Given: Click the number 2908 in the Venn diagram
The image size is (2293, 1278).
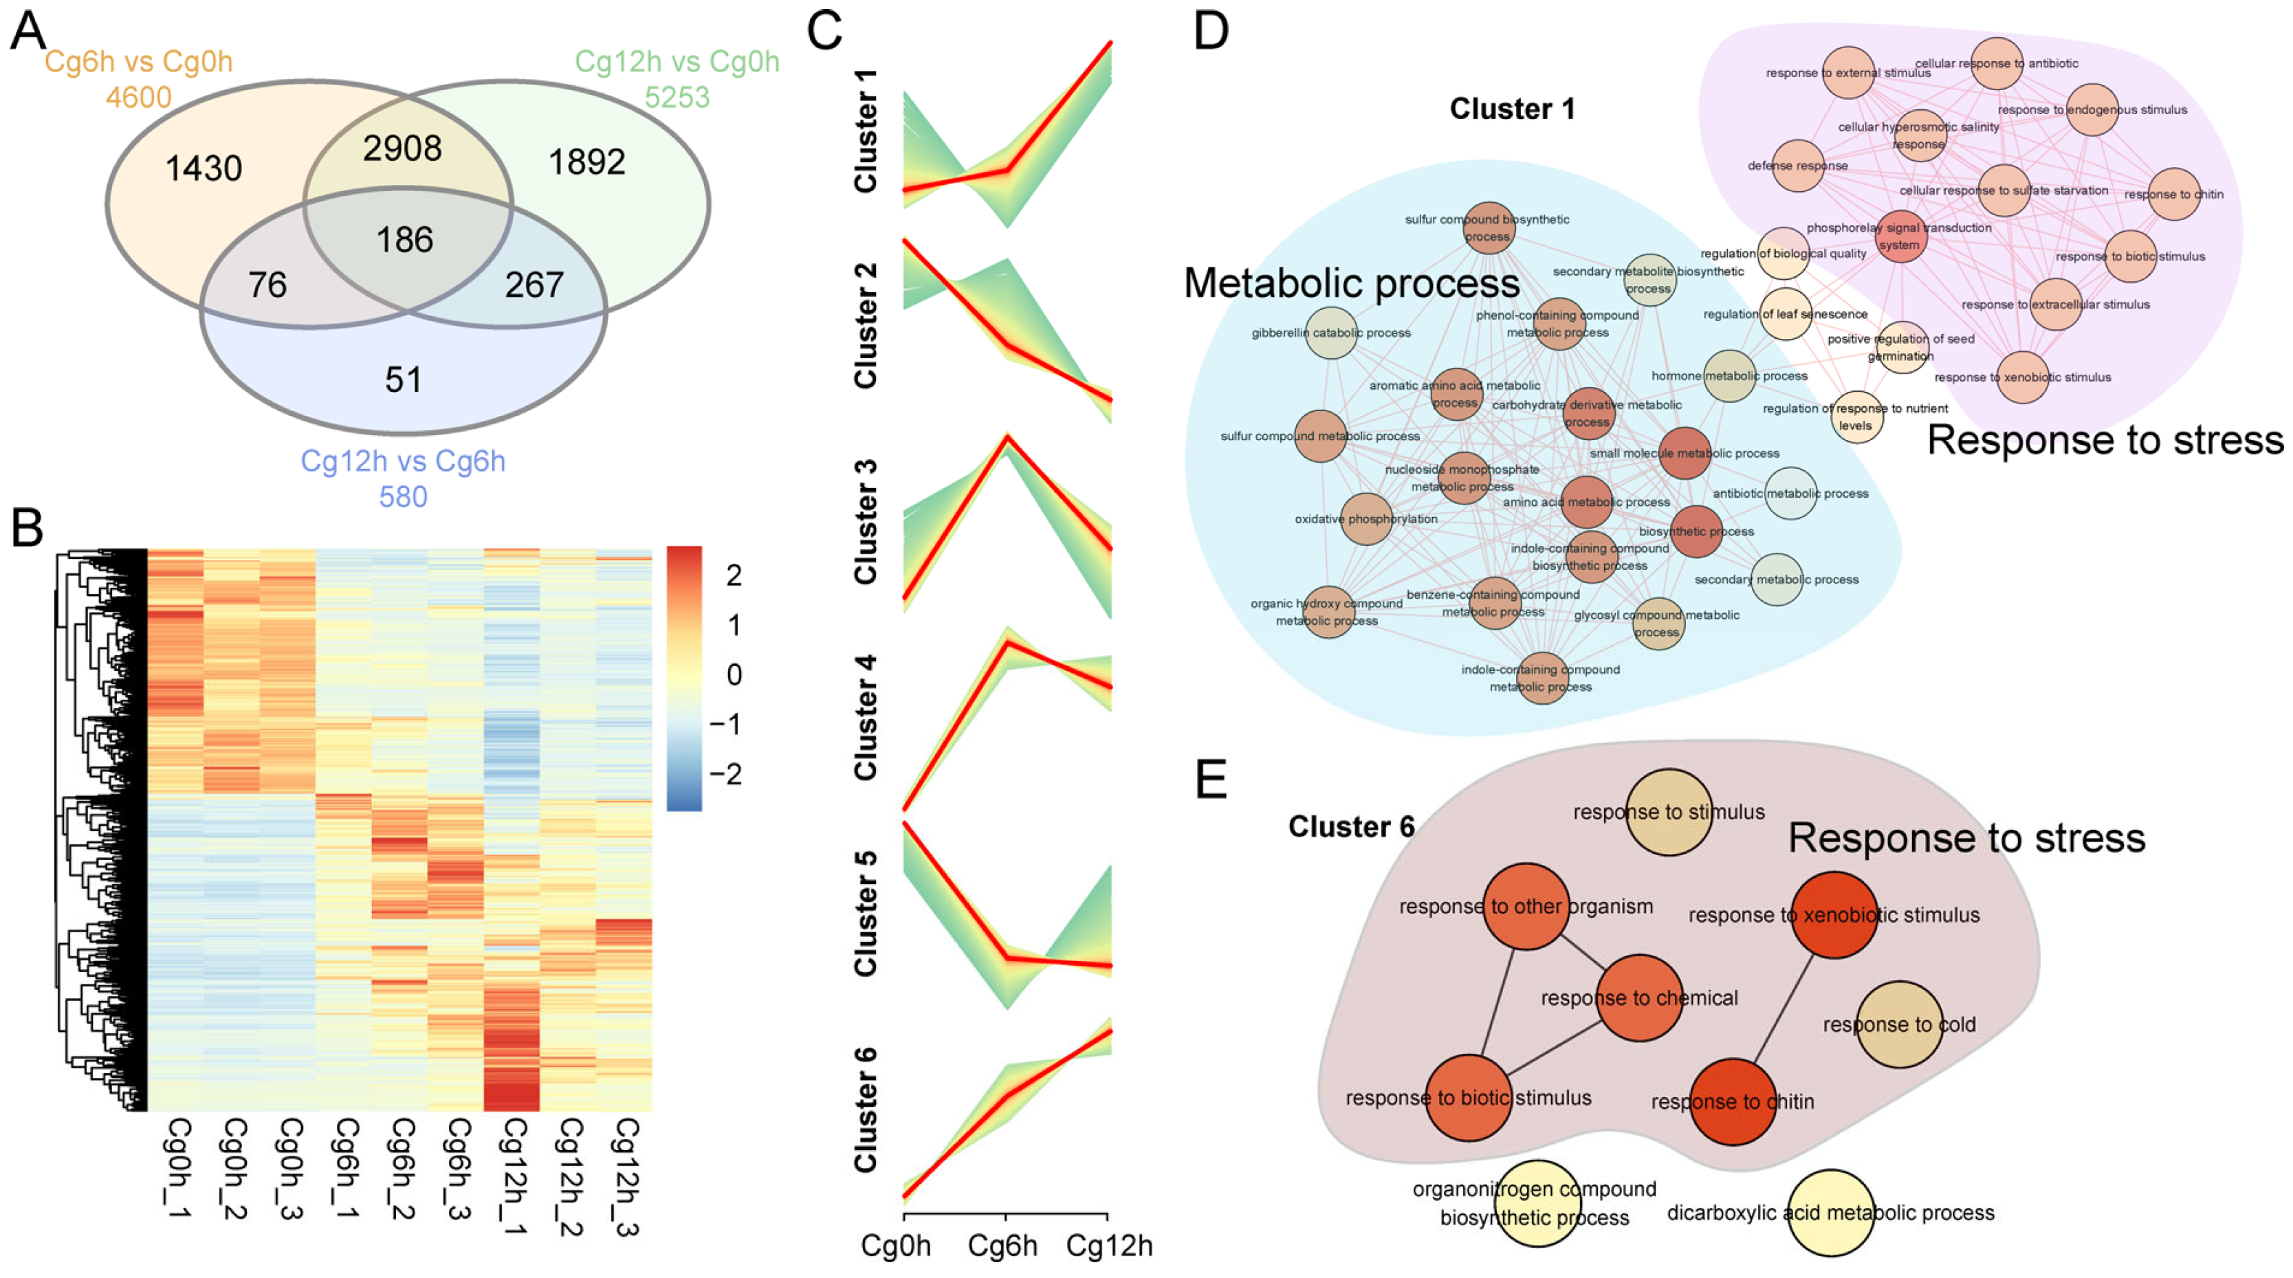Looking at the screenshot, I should [402, 148].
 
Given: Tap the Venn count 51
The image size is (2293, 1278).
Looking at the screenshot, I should [403, 380].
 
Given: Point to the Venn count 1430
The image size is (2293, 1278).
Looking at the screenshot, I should [204, 168].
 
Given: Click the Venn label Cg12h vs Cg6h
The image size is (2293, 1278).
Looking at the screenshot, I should [402, 461].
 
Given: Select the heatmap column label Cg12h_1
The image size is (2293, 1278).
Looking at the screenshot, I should [514, 1176].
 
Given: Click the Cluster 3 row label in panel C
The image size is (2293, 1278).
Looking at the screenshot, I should [865, 522].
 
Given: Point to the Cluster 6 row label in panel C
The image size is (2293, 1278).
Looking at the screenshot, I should [865, 1110].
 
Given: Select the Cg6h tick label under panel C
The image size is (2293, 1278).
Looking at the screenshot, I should [1002, 1246].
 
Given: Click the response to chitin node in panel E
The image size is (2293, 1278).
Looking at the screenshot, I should [1732, 1102].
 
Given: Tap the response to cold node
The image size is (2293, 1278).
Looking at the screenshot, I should [1900, 1024].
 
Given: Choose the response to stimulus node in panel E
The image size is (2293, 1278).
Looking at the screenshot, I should [1669, 812].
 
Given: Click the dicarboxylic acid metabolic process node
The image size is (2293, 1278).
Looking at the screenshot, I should [1830, 1212].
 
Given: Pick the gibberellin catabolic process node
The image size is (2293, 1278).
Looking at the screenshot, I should [1332, 333].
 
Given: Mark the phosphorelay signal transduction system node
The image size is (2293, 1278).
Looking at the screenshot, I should [1900, 236].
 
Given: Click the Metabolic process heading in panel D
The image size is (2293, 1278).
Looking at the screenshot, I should [1351, 284].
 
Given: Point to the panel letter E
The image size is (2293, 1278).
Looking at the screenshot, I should [1211, 780].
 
